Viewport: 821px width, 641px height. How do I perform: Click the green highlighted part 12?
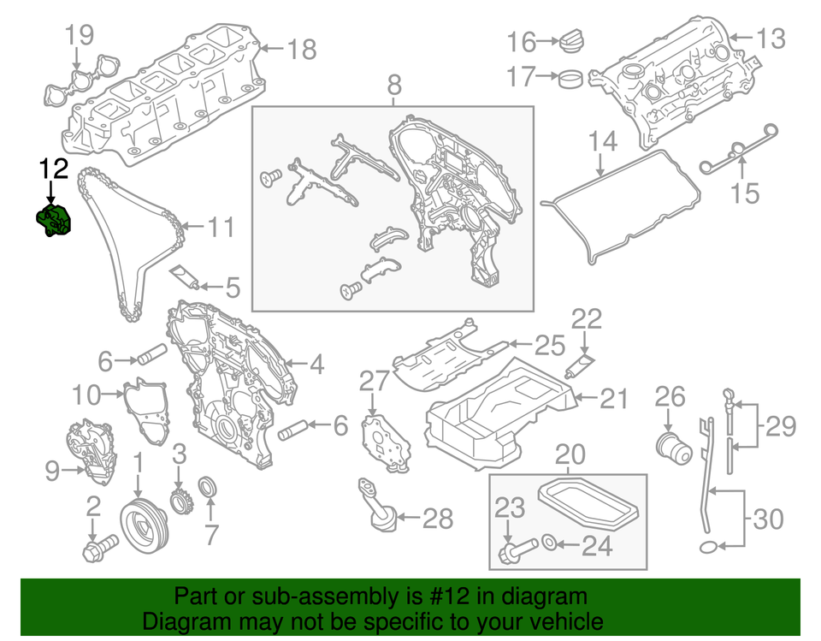click(54, 220)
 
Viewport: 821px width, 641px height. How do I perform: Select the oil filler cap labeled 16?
click(570, 42)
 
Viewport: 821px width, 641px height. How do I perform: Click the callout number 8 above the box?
click(393, 85)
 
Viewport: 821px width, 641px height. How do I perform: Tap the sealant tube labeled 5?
click(186, 277)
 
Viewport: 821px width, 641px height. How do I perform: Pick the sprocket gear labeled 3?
click(180, 498)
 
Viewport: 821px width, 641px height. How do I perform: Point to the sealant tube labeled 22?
click(579, 369)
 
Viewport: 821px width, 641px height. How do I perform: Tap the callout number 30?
click(767, 519)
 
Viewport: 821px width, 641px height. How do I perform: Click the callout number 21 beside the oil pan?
click(613, 398)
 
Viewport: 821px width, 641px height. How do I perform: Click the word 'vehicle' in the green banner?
click(560, 621)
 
